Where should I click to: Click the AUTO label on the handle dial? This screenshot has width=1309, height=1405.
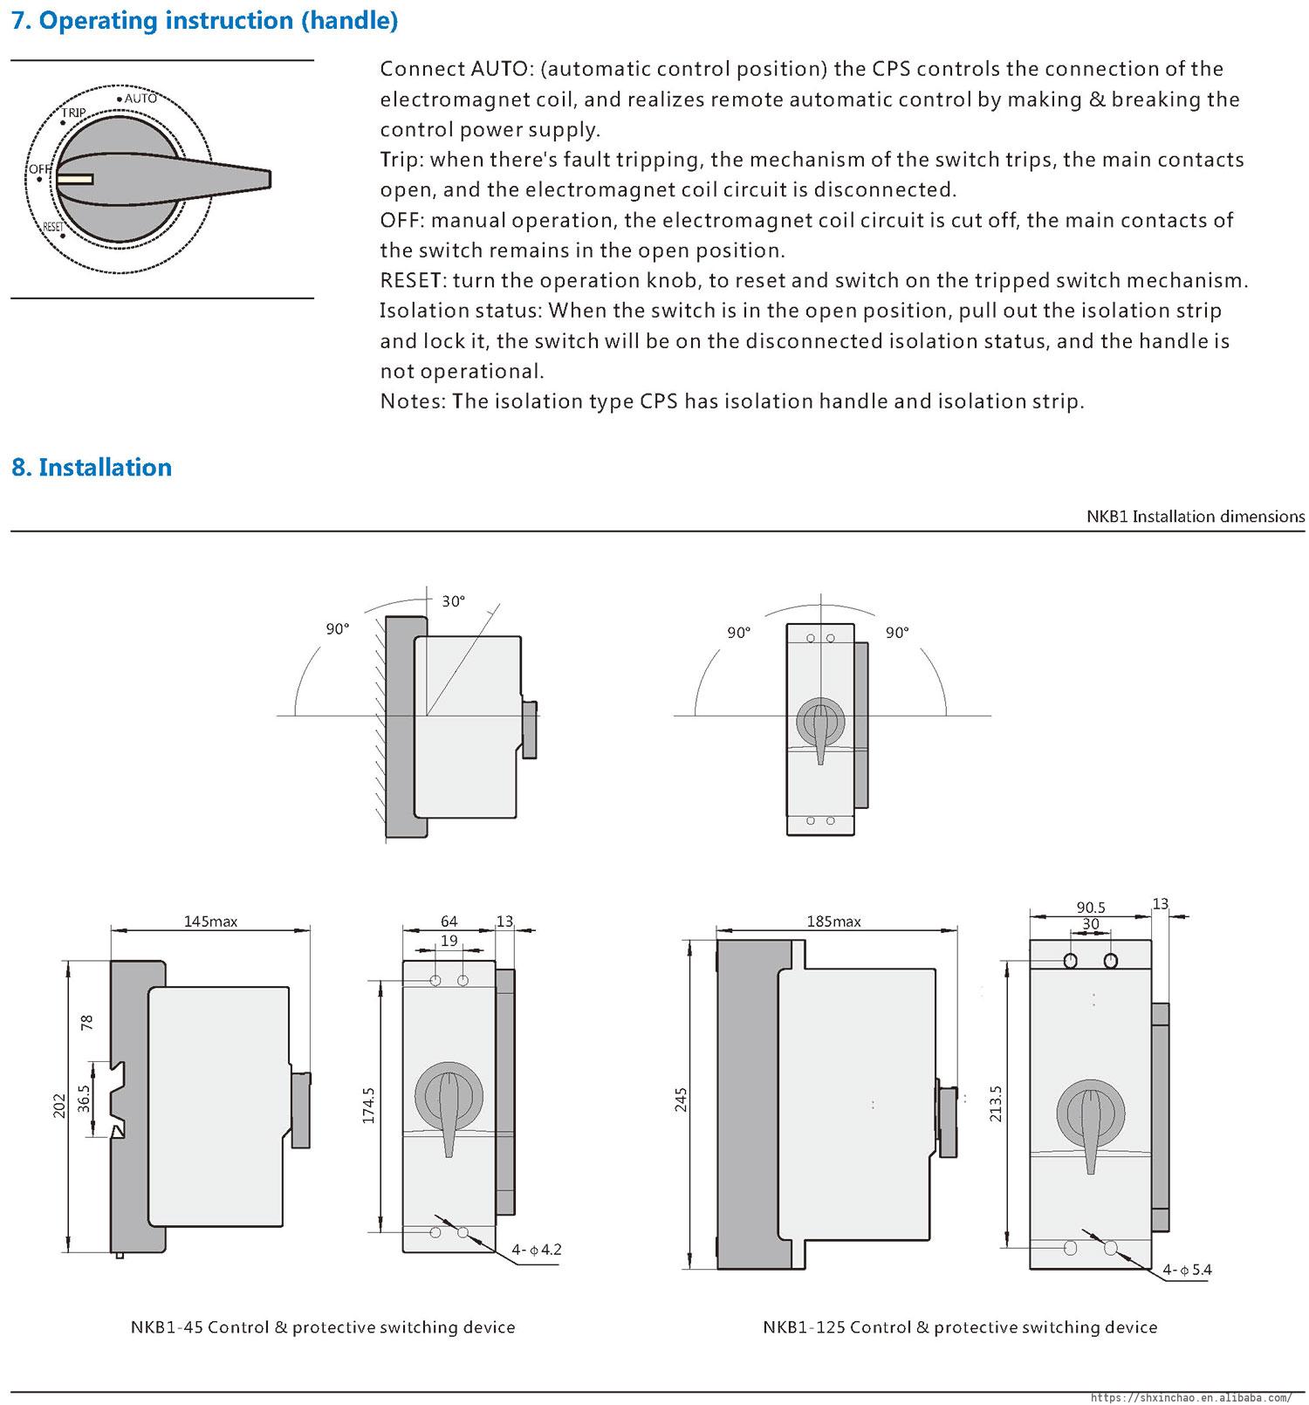140,99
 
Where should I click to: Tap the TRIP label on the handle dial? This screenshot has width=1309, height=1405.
73,113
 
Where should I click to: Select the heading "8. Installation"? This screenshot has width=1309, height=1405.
92,468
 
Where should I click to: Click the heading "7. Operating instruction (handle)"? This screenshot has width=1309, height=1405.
205,21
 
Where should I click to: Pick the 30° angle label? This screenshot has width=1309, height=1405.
453,601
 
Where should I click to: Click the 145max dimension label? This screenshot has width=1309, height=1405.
210,921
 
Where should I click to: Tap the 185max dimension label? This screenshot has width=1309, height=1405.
833,921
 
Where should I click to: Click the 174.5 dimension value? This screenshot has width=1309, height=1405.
367,1105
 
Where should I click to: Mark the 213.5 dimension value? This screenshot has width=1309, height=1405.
997,1104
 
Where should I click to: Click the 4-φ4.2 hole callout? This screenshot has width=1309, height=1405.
537,1250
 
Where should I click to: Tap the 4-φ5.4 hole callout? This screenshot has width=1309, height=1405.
1187,1270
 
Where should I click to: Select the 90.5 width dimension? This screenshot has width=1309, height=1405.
1091,908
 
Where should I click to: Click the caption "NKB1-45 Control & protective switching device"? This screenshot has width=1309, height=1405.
323,1327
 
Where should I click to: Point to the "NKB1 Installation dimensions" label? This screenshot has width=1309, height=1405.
1196,516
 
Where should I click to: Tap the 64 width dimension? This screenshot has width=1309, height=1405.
449,921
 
